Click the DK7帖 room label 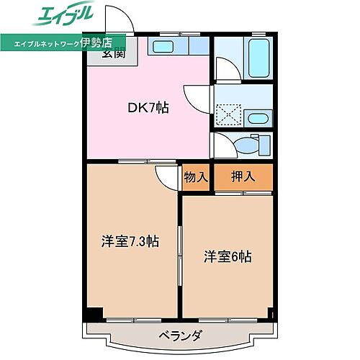click(149, 109)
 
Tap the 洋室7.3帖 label click(130, 241)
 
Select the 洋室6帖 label click(227, 256)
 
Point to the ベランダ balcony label click(179, 335)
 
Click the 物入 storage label click(196, 177)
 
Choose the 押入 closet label click(242, 177)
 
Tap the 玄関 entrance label click(113, 53)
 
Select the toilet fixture click(248, 145)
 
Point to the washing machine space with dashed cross click(230, 114)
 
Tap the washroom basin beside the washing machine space click(257, 119)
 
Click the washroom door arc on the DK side click(196, 96)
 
